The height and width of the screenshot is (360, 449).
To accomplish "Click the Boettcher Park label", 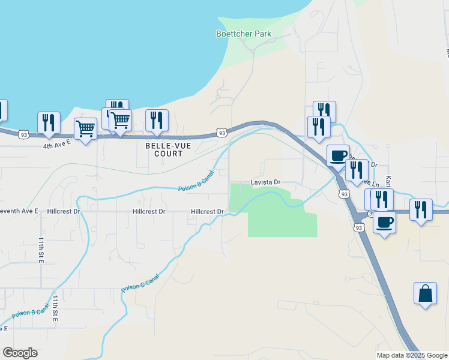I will [244, 34].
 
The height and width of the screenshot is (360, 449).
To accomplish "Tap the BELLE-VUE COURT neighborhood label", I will [164, 149].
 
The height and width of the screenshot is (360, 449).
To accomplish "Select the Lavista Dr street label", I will [265, 182].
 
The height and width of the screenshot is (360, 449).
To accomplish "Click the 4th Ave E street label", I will [57, 145].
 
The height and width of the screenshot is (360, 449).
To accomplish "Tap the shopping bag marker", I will [425, 294].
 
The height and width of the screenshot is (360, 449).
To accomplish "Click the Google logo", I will [20, 353].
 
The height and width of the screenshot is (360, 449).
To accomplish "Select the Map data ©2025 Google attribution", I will [412, 355].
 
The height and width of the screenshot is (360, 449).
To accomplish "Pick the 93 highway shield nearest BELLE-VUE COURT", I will [221, 133].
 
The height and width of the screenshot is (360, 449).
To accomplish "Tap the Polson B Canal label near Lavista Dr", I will [196, 184].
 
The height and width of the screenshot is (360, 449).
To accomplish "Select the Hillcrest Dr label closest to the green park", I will [207, 211].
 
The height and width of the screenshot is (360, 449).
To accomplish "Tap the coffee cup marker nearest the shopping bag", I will [384, 222].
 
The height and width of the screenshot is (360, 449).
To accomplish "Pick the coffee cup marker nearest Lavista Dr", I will [338, 155].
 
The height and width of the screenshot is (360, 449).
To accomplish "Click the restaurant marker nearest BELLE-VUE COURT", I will [157, 120].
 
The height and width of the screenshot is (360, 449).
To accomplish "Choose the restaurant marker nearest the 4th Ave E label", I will [49, 123].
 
